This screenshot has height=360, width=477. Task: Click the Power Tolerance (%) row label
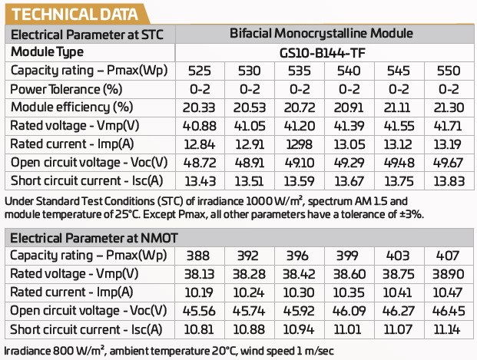[66, 88]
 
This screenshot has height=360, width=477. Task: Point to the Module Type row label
[58, 52]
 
